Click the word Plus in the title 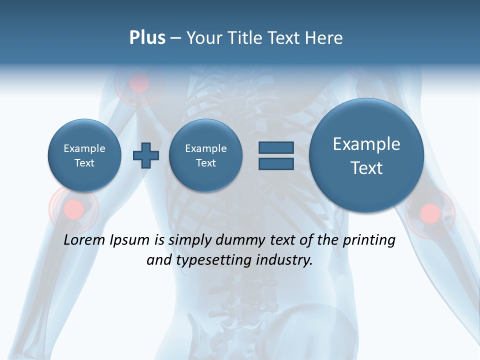tap(147, 38)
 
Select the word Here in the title tap(323, 38)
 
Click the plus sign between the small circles tap(146, 155)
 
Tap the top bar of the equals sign tap(276, 147)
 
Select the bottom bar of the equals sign tap(276, 163)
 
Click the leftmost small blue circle tap(84, 155)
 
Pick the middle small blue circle tap(205, 155)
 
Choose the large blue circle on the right tap(366, 155)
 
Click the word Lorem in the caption tap(84, 240)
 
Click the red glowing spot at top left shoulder tap(139, 84)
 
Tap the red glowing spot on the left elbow tap(74, 207)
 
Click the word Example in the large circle tap(366, 144)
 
